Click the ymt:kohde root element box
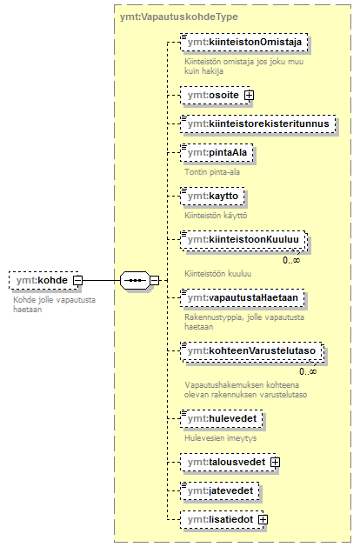(x=43, y=280)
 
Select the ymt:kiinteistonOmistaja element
(x=244, y=43)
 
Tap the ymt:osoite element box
(x=216, y=96)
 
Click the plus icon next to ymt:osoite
(x=249, y=96)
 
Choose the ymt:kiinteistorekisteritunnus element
(x=258, y=123)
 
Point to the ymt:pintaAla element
(x=217, y=152)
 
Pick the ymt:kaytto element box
(x=212, y=196)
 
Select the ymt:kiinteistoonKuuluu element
(x=244, y=240)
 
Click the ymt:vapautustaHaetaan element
(x=243, y=297)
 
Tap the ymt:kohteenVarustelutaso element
(x=252, y=351)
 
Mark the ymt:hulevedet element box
(x=222, y=418)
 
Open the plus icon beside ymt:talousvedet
(x=276, y=463)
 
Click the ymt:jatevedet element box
(x=220, y=490)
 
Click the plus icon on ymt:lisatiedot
(x=263, y=519)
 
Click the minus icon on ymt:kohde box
(x=77, y=280)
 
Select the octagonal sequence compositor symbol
(x=135, y=280)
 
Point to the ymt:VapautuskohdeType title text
(x=179, y=17)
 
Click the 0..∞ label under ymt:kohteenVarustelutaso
(x=308, y=372)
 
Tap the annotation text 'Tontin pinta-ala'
(x=212, y=172)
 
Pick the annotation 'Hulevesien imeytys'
(x=221, y=438)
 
